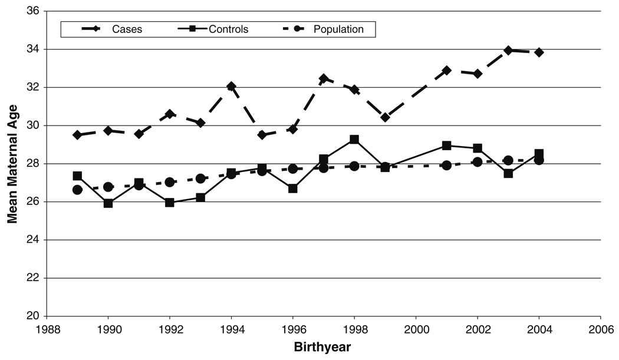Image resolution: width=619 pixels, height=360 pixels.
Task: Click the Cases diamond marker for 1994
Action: [x=231, y=87]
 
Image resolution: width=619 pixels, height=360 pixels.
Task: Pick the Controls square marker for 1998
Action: [x=354, y=140]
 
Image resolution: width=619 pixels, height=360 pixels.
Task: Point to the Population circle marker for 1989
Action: [x=77, y=190]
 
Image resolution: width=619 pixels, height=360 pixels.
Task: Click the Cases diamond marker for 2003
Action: [x=508, y=50]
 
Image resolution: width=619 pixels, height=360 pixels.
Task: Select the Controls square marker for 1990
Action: [x=108, y=203]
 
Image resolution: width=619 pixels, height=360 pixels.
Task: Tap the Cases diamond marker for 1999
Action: [x=385, y=117]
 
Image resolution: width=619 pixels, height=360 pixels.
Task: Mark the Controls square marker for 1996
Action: [x=292, y=189]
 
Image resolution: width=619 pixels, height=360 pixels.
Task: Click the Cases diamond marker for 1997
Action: [x=324, y=78]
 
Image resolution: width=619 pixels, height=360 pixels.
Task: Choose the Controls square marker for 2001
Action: [x=446, y=146]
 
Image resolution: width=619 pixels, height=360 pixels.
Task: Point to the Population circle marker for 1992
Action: [x=170, y=182]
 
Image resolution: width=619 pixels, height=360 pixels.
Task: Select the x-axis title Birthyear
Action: [x=322, y=347]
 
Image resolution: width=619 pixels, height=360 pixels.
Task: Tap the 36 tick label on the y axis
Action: [x=32, y=11]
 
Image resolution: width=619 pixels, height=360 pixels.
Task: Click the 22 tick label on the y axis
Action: [x=32, y=278]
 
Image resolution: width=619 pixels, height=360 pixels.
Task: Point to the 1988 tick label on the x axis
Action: [x=47, y=328]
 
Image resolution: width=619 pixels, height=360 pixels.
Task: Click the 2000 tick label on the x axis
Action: [x=416, y=328]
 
